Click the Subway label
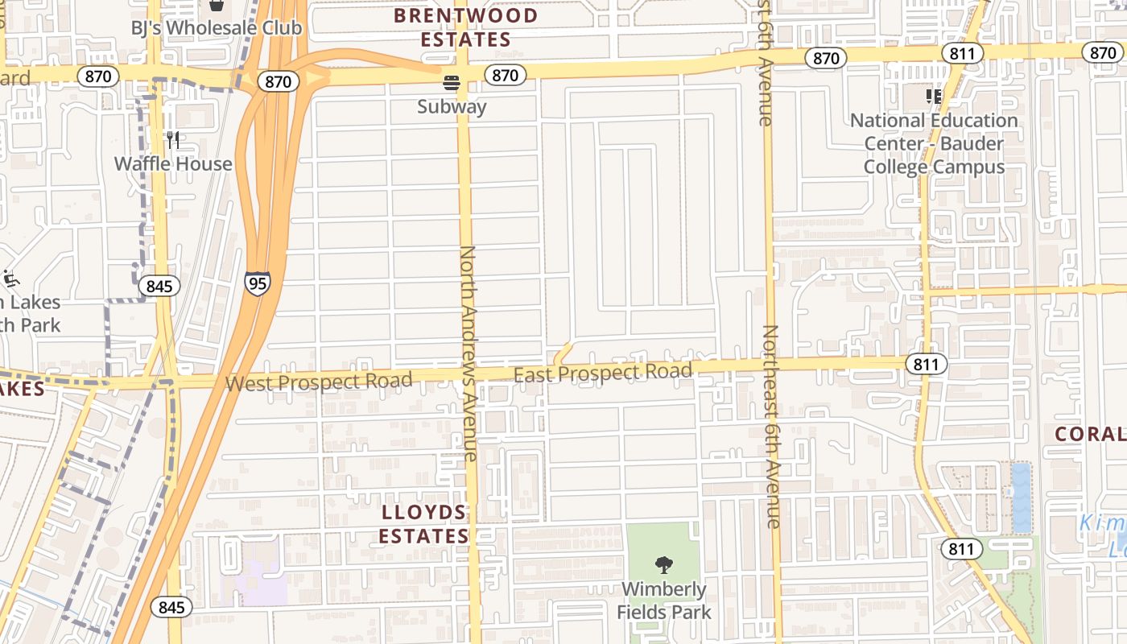(452, 106)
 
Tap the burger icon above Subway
(452, 82)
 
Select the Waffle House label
(173, 164)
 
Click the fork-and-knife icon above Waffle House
(173, 140)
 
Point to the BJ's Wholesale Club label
(217, 28)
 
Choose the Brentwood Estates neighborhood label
(465, 27)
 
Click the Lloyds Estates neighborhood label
(424, 524)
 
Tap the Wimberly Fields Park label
(664, 601)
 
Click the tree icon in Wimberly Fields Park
(664, 564)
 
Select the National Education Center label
(934, 143)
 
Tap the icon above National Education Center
(934, 97)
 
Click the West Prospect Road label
(319, 381)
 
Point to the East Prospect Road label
(603, 372)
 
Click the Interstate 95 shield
(258, 283)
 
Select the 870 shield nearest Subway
(505, 76)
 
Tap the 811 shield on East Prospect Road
(926, 364)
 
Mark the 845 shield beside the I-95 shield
(159, 286)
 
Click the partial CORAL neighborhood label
(1091, 434)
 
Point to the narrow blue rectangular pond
(1021, 497)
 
